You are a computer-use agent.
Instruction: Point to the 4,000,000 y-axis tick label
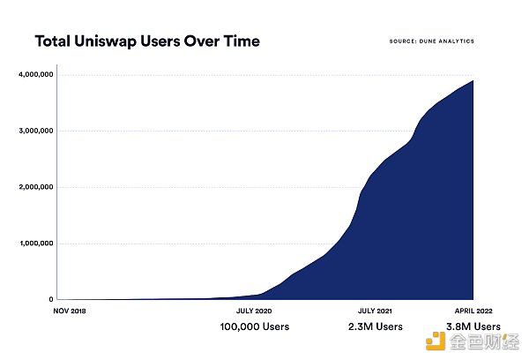pyautogui.click(x=37, y=74)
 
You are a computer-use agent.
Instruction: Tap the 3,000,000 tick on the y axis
pyautogui.click(x=37, y=131)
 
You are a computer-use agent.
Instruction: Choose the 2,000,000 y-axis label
pyautogui.click(x=37, y=187)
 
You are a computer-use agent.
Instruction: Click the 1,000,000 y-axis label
pyautogui.click(x=37, y=244)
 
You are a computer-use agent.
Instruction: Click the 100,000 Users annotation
pyautogui.click(x=254, y=327)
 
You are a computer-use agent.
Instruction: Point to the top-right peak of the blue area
pyautogui.click(x=473, y=81)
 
